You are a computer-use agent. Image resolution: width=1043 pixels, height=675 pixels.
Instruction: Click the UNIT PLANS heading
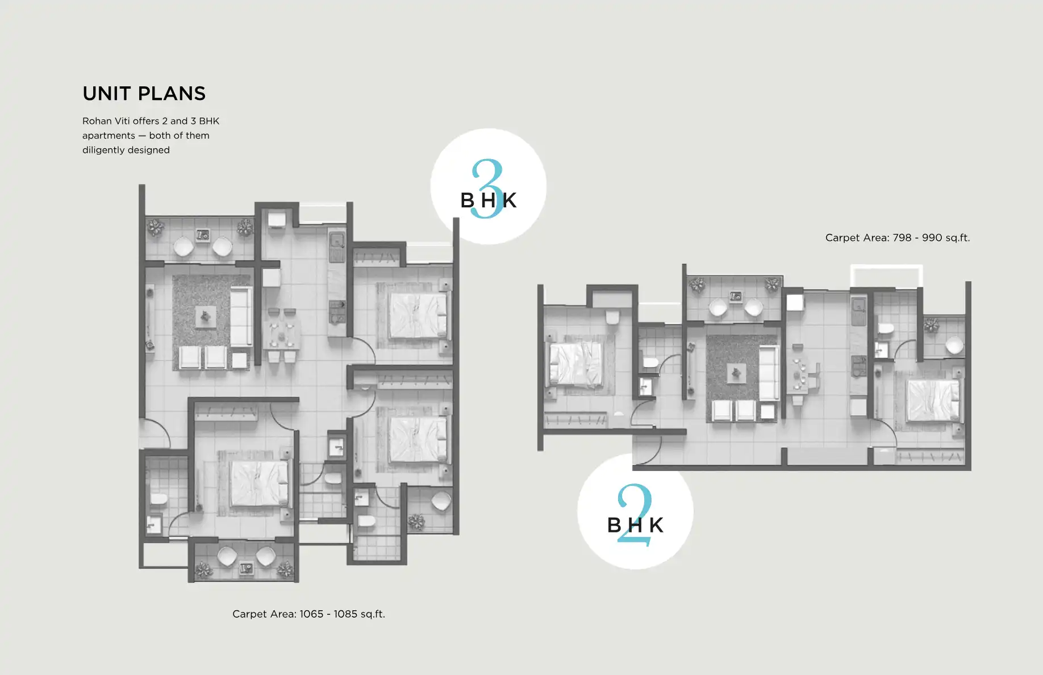point(144,94)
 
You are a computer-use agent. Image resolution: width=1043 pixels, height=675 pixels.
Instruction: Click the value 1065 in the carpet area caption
point(311,614)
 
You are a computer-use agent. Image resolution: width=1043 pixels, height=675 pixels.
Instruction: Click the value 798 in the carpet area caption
point(902,238)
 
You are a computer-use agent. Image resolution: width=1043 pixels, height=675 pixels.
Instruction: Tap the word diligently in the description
point(103,150)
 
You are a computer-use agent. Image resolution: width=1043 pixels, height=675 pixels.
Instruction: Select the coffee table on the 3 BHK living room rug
point(205,316)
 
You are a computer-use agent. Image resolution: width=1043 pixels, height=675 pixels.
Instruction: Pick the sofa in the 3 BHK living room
point(241,316)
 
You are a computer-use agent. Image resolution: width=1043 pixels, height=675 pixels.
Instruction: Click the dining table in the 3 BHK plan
point(282,335)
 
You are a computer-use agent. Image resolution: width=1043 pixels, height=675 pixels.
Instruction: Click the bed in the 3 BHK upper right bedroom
point(418,315)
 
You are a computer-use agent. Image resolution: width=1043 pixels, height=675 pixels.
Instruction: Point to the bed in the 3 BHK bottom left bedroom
point(259,484)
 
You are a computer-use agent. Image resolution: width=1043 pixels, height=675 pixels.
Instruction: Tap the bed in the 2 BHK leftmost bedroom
point(575,364)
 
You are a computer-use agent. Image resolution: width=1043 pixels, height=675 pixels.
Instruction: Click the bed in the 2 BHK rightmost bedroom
point(932,400)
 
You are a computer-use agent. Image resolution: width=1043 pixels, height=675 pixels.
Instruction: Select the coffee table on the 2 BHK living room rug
point(736,373)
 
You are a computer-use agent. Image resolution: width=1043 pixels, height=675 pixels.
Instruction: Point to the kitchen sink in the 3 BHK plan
point(336,241)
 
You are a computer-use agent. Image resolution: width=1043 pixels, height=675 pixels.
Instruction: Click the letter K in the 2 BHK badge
point(656,525)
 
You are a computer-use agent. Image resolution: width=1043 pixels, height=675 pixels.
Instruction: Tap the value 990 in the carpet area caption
point(932,238)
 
